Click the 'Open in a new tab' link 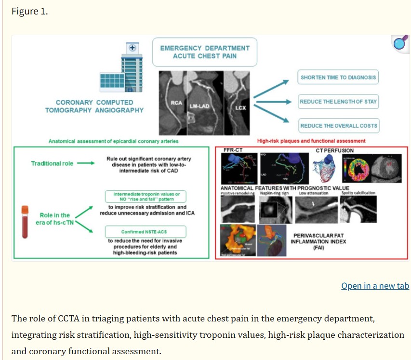point(375,286)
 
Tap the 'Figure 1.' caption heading point(29,12)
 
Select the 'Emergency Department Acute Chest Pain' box point(205,52)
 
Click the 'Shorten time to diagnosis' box point(338,77)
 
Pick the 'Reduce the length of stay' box point(338,102)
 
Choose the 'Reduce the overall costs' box point(339,126)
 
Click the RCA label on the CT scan point(176,103)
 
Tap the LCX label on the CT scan point(240,107)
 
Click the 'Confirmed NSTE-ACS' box point(145,232)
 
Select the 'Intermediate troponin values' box point(146,196)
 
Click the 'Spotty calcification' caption point(358,193)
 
